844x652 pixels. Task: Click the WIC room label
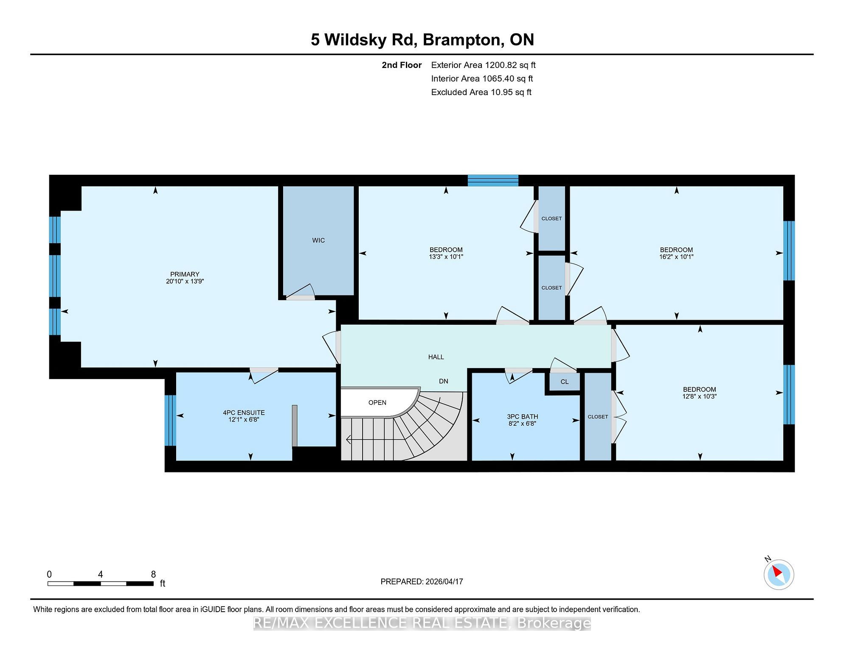tap(318, 240)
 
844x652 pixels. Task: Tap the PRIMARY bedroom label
tap(185, 274)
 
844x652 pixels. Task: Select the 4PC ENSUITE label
tap(244, 413)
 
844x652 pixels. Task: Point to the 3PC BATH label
tap(523, 417)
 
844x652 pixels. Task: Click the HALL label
tap(436, 357)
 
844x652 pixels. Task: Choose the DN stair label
tap(444, 381)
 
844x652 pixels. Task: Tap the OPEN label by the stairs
tap(377, 402)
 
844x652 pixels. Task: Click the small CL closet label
tap(564, 382)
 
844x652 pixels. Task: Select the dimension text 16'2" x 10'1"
tap(676, 257)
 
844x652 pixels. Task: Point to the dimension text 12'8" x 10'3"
tap(700, 396)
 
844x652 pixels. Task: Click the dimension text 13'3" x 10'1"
tap(446, 257)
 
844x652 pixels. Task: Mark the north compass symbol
tap(779, 574)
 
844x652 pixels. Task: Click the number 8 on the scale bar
tap(153, 574)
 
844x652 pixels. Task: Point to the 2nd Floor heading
tap(402, 65)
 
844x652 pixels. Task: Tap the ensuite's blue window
tap(170, 420)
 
